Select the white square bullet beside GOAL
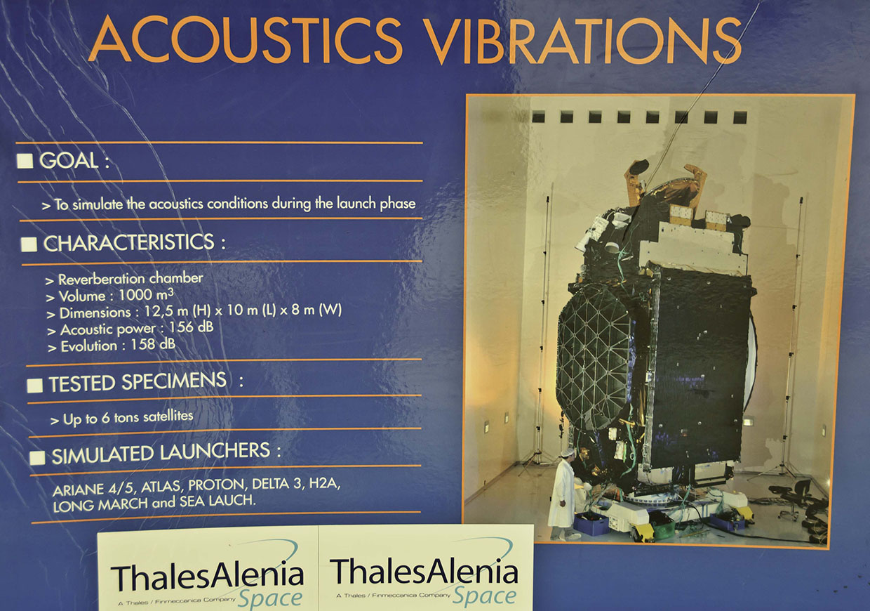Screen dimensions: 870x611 point(25,161)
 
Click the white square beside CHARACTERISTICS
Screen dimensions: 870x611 point(29,244)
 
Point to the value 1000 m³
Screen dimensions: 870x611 point(146,295)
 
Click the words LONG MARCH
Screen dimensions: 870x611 point(100,505)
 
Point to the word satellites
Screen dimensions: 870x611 point(168,416)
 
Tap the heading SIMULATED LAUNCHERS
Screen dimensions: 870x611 point(161,453)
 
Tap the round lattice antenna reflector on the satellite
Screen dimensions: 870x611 point(594,362)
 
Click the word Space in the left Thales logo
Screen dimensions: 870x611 point(270,598)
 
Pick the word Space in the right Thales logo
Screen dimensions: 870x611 point(485,595)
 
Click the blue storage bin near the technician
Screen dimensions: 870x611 point(591,523)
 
